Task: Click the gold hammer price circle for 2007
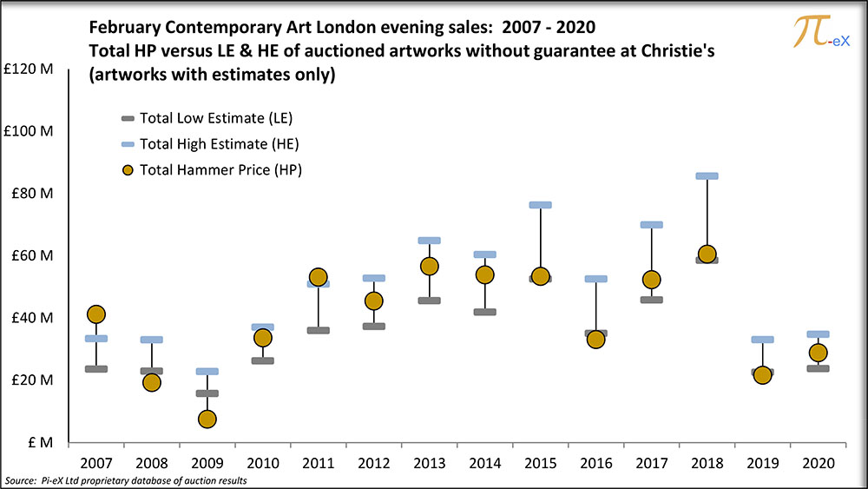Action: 96,314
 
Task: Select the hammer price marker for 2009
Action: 207,419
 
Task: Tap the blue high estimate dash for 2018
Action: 707,175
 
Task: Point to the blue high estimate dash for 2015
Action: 541,205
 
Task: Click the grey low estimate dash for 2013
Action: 430,301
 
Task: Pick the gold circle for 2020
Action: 818,353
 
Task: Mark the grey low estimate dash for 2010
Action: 263,360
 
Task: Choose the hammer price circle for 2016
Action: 595,339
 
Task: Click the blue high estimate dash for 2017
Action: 652,224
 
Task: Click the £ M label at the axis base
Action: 40,442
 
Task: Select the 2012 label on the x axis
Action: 373,462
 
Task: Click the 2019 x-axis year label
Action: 762,462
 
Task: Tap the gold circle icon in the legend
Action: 128,170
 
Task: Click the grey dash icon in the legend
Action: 128,118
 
